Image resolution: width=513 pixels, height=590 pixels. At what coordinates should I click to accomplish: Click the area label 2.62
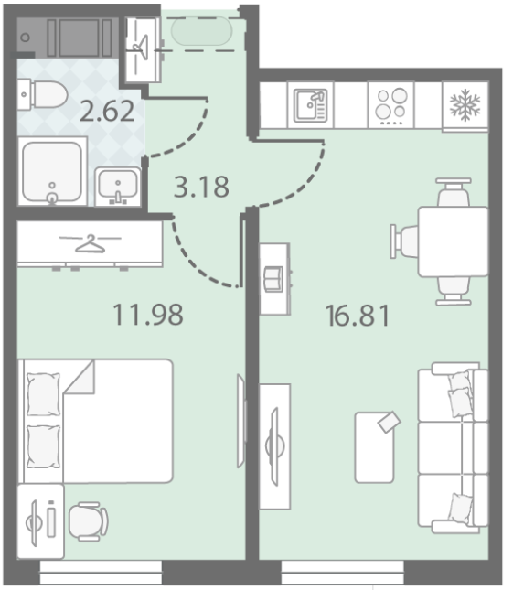click(x=107, y=111)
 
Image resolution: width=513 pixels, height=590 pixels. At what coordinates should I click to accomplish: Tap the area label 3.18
click(x=201, y=187)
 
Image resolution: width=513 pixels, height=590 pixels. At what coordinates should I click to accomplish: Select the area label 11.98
click(x=148, y=315)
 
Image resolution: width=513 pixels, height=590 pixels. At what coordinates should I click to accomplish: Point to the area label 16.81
click(x=358, y=316)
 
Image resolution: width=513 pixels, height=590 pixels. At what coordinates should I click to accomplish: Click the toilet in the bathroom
click(x=42, y=94)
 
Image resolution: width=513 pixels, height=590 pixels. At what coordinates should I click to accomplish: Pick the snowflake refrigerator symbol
click(x=465, y=105)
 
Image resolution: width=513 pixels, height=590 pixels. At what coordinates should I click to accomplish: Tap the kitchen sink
click(x=310, y=105)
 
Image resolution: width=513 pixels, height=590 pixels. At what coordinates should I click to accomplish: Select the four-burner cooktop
click(x=391, y=105)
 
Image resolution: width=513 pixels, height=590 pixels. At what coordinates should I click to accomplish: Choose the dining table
click(x=454, y=241)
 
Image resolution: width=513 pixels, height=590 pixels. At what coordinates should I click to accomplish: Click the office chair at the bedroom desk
click(x=89, y=521)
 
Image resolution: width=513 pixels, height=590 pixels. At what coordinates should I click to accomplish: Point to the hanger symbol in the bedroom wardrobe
click(x=91, y=243)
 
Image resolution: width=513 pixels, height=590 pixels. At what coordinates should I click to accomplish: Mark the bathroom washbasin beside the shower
click(x=118, y=187)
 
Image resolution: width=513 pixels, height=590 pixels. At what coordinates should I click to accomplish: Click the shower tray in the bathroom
click(x=52, y=171)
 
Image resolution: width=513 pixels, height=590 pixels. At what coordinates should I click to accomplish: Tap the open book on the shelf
click(x=273, y=279)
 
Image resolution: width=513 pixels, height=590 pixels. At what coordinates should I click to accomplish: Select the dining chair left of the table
click(x=404, y=241)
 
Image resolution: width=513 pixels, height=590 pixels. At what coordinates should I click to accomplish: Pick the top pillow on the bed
click(x=43, y=394)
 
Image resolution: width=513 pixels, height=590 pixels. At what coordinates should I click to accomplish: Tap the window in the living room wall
click(x=342, y=572)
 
